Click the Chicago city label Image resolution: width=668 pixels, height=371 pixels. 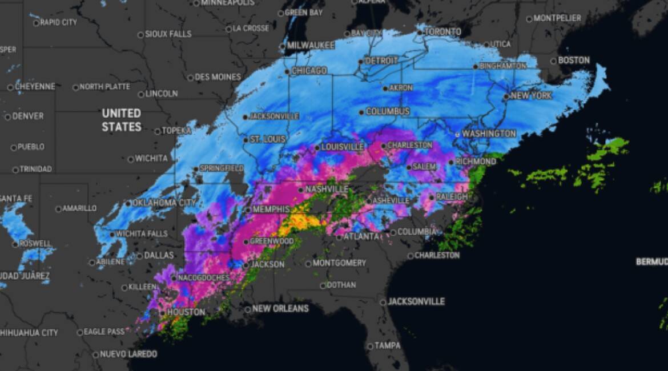(309, 71)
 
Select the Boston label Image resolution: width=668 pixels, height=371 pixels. (574, 61)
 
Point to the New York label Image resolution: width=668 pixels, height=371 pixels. (531, 96)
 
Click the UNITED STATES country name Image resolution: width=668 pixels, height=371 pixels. (121, 120)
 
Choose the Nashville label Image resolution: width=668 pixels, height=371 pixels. (327, 189)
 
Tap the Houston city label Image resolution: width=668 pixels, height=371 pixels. (186, 312)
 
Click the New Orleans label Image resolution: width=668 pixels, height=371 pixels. (280, 309)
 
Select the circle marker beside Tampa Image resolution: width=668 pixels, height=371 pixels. (369, 346)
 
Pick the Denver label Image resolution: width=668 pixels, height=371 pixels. (27, 116)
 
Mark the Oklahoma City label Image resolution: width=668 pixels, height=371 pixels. (164, 203)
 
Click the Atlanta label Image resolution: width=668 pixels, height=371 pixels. (361, 236)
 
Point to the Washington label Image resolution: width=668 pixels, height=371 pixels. (489, 134)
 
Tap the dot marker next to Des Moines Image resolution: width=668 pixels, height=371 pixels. (191, 77)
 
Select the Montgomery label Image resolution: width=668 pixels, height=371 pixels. (339, 263)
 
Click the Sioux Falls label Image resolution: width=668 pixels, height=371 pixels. (168, 34)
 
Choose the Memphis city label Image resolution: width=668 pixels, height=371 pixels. (271, 209)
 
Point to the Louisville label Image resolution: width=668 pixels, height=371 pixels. (342, 147)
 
